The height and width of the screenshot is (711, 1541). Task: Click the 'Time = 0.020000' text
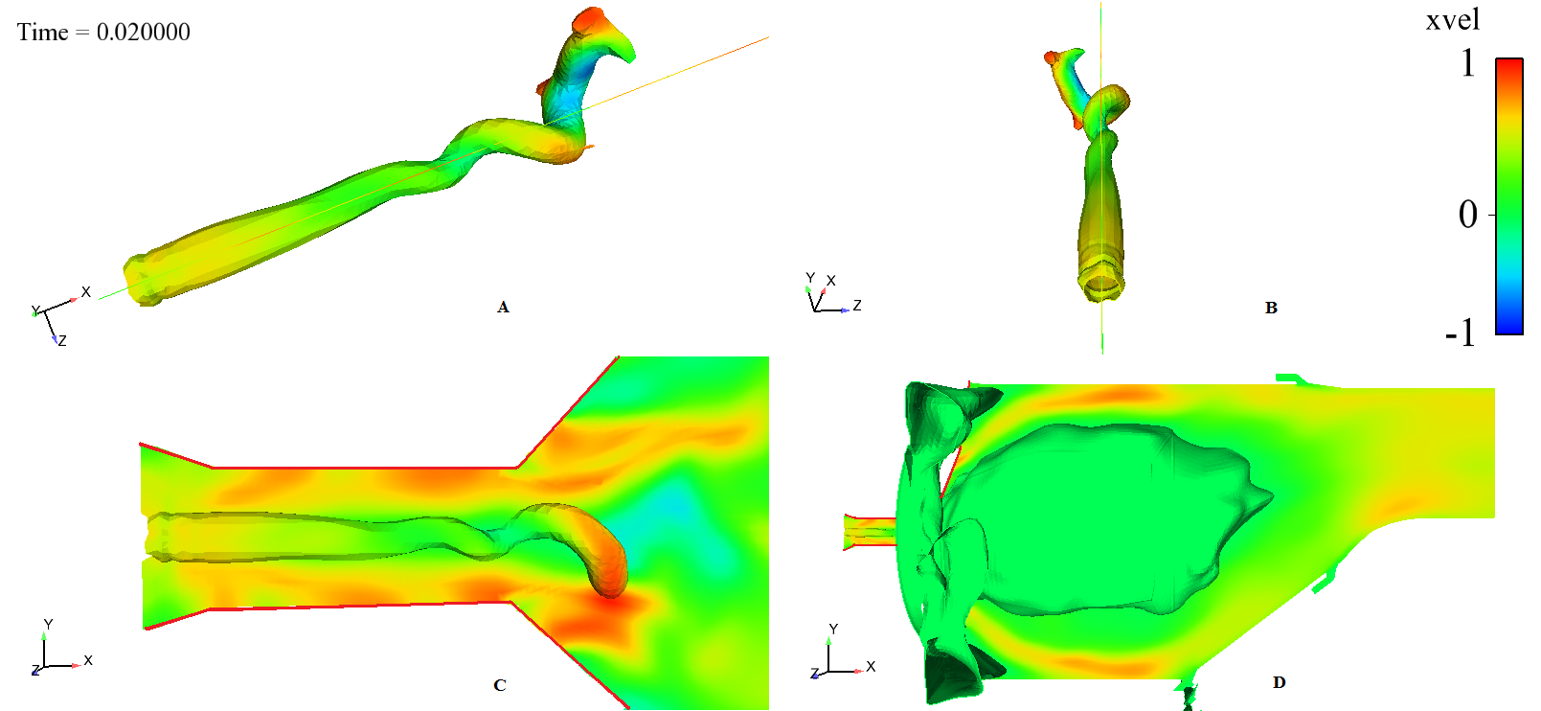click(x=103, y=33)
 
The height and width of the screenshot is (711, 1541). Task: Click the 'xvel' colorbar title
click(x=1452, y=20)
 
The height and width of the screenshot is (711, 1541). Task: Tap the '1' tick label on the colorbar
click(x=1467, y=63)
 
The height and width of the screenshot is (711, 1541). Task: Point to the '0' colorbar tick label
click(x=1467, y=216)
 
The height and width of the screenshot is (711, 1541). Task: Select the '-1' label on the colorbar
click(x=1461, y=333)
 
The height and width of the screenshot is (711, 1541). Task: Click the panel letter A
click(x=503, y=307)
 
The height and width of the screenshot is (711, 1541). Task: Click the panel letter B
click(x=1271, y=308)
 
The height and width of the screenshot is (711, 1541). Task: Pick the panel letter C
click(x=500, y=685)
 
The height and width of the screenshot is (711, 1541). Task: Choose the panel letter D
click(x=1279, y=682)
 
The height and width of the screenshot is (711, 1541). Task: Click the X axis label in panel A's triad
click(x=86, y=292)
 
